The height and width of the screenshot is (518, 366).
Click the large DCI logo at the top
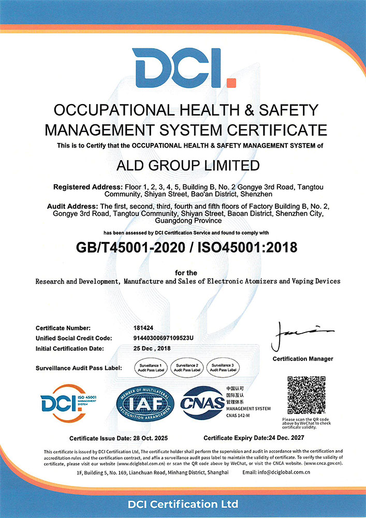184,68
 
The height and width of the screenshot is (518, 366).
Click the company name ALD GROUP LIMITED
183,166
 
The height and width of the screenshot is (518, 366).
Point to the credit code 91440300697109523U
164,338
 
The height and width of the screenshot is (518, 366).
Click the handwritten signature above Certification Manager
301,336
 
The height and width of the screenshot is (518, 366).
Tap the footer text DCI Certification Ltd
183,503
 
